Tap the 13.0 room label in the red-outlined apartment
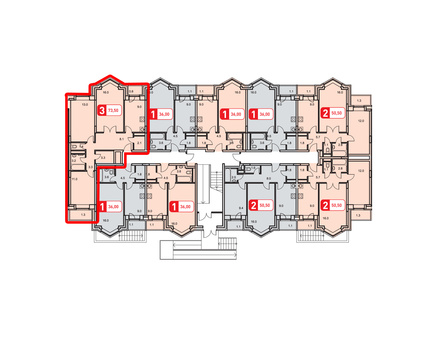click(86, 103)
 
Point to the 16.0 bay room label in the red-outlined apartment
click(111, 91)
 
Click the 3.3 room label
click(102, 157)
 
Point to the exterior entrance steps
click(223, 246)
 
